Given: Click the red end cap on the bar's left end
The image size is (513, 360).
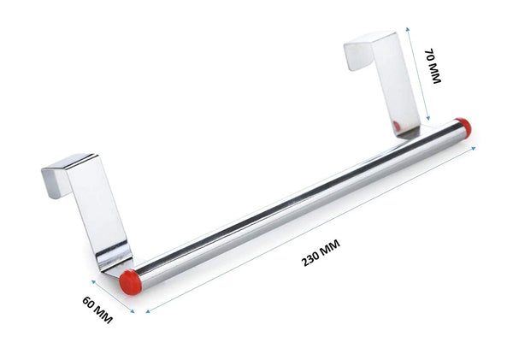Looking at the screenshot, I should pos(130,280).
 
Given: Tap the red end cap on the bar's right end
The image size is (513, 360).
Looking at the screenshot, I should pos(463,127).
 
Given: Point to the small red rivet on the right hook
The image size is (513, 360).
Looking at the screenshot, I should pos(396,127).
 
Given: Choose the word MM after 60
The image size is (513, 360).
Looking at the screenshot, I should pos(104,317).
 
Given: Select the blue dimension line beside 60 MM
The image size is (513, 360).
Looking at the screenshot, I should pos(111,295).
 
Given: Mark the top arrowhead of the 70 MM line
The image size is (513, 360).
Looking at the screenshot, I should pos(407,29).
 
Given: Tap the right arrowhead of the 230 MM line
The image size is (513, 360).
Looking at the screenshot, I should pos(475,147).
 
